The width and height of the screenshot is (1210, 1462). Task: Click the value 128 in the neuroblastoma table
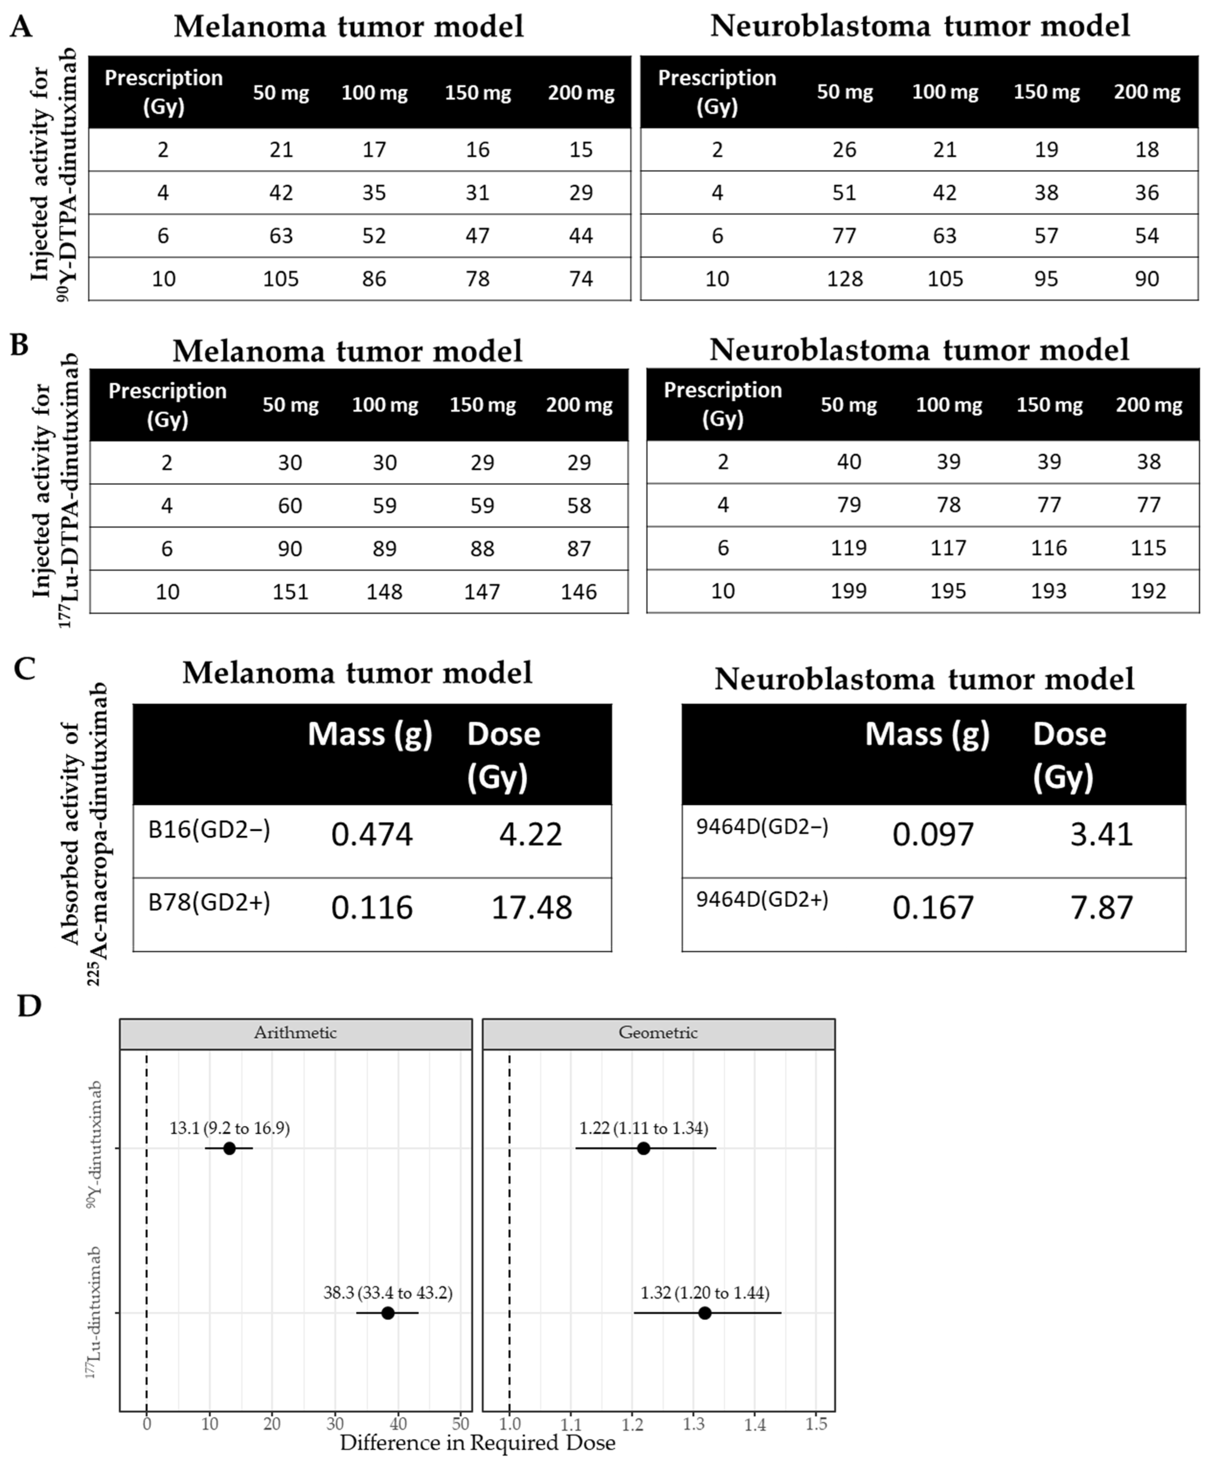[x=845, y=279]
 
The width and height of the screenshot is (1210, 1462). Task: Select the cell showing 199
[x=849, y=591]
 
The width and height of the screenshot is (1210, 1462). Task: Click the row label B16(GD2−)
[x=209, y=830]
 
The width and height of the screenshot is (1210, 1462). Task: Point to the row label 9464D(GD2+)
[x=762, y=900]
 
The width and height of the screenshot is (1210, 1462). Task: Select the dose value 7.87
[x=1101, y=908]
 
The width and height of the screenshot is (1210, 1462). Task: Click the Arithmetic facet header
[x=295, y=1032]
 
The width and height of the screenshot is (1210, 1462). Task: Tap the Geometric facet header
[x=658, y=1032]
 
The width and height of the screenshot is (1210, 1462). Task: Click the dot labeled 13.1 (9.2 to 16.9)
[x=229, y=1148]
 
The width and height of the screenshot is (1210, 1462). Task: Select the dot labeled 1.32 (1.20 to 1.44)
[x=704, y=1313]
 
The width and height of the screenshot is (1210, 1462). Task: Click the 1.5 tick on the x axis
[x=816, y=1424]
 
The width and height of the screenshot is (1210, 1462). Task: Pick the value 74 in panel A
[x=580, y=279]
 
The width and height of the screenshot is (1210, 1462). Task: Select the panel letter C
[x=25, y=669]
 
